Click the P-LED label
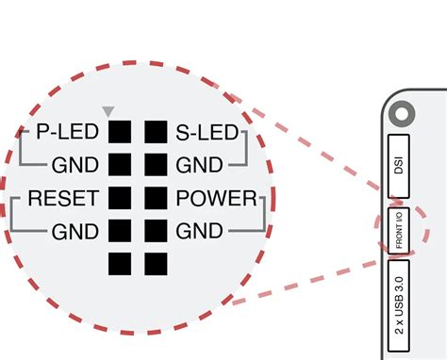tap(68, 133)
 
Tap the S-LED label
tap(206, 133)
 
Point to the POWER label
tap(216, 199)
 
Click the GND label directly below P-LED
tap(75, 165)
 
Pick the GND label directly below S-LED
tap(198, 165)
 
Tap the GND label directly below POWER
tap(198, 231)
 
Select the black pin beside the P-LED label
tap(120, 133)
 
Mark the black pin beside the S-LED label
tap(155, 133)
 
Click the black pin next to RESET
tap(120, 199)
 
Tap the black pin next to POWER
tap(155, 199)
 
